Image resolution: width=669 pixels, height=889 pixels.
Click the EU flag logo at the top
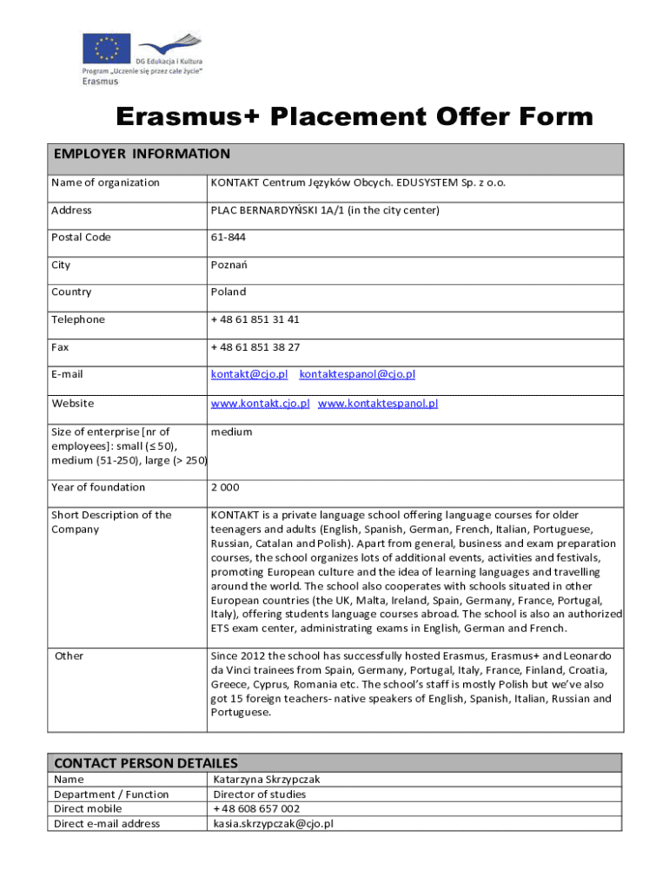tap(107, 48)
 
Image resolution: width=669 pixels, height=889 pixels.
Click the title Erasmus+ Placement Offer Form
tap(355, 116)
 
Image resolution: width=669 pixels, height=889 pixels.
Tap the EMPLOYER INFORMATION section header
tap(142, 155)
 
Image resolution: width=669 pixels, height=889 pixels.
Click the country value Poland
tap(229, 293)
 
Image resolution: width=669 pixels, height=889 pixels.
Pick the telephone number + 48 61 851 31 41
tap(255, 319)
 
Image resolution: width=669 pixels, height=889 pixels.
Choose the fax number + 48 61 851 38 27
tap(255, 347)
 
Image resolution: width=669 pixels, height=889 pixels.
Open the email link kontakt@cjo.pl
tap(249, 374)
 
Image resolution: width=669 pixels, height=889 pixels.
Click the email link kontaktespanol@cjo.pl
tap(357, 374)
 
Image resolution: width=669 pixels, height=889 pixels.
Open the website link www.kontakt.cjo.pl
tap(260, 404)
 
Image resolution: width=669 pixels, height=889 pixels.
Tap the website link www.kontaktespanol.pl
tap(378, 404)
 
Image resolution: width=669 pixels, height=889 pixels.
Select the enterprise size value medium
tap(231, 431)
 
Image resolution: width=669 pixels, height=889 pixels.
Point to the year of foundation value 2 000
tap(225, 487)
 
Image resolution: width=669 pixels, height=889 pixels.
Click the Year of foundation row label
tap(98, 487)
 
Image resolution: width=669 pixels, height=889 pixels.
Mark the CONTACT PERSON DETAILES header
tap(145, 763)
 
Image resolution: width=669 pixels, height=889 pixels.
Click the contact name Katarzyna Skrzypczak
tap(267, 780)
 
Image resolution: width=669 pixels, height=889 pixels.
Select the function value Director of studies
tap(260, 794)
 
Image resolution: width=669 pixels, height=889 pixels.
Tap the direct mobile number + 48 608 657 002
tap(256, 809)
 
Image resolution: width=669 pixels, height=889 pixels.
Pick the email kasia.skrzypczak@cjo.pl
tap(274, 824)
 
